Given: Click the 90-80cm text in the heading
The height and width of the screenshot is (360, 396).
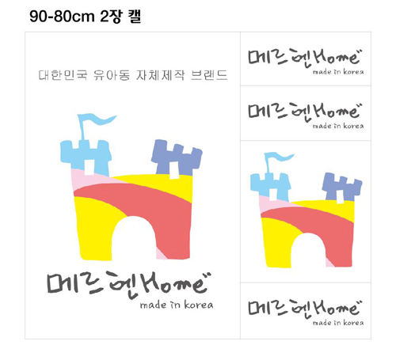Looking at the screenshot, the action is [62, 17].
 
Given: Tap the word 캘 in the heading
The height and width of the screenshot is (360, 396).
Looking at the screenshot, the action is [135, 17].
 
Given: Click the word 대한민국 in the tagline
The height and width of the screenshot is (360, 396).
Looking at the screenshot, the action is [63, 75].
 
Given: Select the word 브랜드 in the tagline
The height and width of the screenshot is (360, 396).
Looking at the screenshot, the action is [209, 75].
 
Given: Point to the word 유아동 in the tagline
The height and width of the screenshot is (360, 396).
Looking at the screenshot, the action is [112, 75].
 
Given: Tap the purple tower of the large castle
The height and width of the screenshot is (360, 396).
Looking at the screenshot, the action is [177, 157].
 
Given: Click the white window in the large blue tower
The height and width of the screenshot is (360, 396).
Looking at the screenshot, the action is [89, 167].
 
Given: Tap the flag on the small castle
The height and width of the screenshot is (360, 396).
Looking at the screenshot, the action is [278, 158].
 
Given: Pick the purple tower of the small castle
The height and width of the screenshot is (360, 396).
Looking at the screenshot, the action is [342, 187].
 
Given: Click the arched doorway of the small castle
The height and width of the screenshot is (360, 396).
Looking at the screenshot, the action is [308, 250].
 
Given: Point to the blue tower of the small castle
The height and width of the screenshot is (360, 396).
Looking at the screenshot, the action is [271, 187].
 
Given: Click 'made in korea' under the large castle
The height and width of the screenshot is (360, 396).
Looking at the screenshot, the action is [177, 305].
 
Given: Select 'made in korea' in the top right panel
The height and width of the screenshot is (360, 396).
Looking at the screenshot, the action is [338, 72].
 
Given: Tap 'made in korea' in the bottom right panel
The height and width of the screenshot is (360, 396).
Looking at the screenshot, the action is [338, 323].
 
